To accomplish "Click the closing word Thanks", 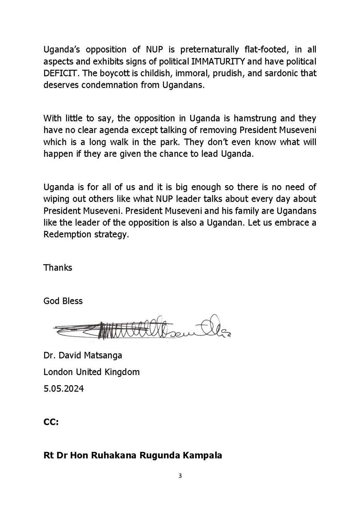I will coord(58,268).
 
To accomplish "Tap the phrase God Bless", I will coord(63,301).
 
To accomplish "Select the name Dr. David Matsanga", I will coord(83,355).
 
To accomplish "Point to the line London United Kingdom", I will coord(92,372).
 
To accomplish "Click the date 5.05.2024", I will coord(64,388).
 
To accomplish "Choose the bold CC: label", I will coord(51,422).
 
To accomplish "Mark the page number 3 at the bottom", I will coord(180,476).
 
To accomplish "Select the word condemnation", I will coord(109,85).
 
